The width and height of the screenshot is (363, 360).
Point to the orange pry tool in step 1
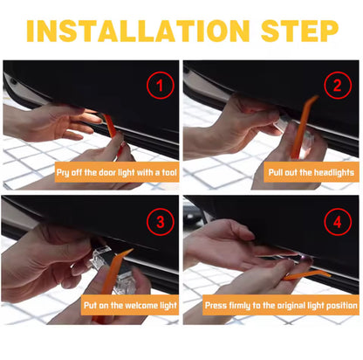pyautogui.click(x=110, y=131)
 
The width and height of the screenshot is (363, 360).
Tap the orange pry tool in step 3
pyautogui.click(x=121, y=262)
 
